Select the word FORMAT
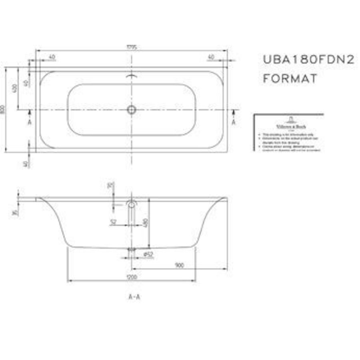pyautogui.click(x=290, y=78)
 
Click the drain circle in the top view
pyautogui.click(x=132, y=110)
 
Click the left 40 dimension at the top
pyautogui.click(x=52, y=57)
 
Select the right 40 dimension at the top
pyautogui.click(x=211, y=57)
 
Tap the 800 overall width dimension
pyautogui.click(x=3, y=109)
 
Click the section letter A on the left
pyautogui.click(x=30, y=122)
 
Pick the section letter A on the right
pyautogui.click(x=234, y=122)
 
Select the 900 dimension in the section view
pyautogui.click(x=179, y=265)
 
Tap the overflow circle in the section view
pyautogui.click(x=132, y=204)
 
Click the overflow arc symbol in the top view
pyautogui.click(x=132, y=76)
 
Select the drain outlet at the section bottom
pyautogui.click(x=132, y=250)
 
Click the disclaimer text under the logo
pyautogui.click(x=289, y=142)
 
